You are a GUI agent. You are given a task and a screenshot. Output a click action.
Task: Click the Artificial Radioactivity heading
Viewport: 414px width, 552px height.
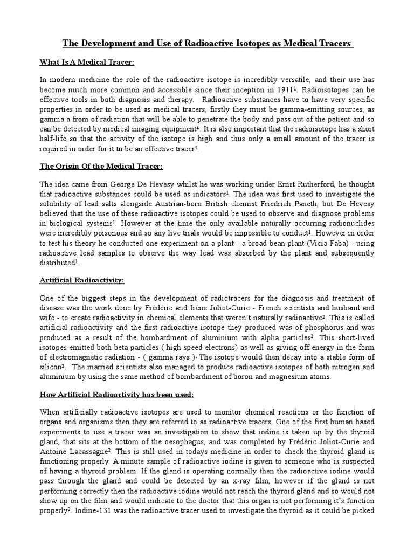(x=82, y=280)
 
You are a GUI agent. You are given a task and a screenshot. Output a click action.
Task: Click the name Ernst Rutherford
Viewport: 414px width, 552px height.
(x=285, y=183)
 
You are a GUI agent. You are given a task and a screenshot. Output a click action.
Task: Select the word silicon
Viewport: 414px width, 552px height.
(x=51, y=367)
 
